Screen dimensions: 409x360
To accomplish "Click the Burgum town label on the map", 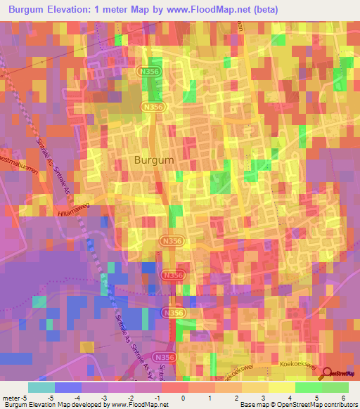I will pos(150,160).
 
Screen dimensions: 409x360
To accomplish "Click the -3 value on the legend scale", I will pos(101,398).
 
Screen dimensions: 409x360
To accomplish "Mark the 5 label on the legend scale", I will pos(322,398).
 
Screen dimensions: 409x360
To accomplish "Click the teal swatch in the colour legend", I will pos(41,387).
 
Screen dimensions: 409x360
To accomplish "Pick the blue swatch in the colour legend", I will pos(67,387).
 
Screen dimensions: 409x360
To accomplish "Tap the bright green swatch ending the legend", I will pos(335,387).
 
